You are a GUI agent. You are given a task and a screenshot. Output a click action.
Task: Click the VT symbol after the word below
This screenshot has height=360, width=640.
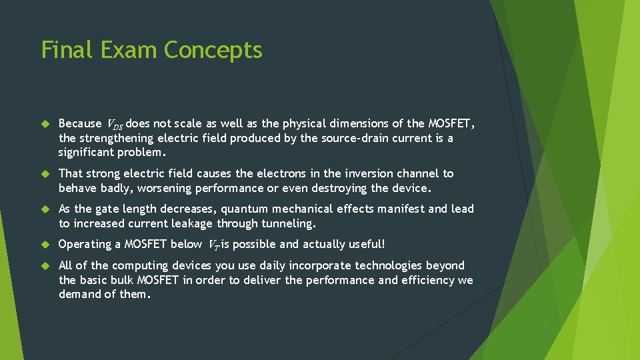(x=214, y=245)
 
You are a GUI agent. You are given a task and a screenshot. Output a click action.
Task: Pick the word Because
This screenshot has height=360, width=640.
(x=81, y=123)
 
